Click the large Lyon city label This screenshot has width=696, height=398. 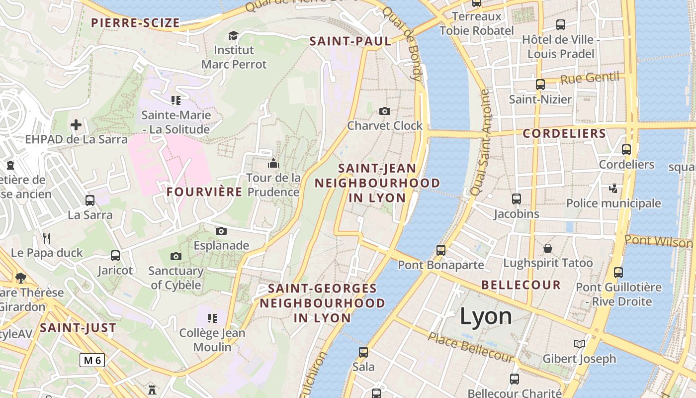click(x=486, y=316)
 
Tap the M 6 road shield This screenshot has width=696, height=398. click(x=92, y=360)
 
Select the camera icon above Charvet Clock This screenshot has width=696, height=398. click(x=384, y=111)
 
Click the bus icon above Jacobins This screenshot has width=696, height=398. click(x=517, y=199)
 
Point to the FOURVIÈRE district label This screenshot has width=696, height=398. click(x=204, y=192)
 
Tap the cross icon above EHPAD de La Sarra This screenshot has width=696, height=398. click(x=76, y=124)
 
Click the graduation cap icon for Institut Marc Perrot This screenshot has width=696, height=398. click(x=233, y=35)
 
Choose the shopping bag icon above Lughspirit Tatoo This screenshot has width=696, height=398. click(x=548, y=248)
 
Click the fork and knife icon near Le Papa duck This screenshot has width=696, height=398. click(x=47, y=238)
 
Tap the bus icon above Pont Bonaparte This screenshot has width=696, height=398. click(x=440, y=250)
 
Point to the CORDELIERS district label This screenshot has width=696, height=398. click(x=564, y=134)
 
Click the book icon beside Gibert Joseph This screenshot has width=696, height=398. click(x=579, y=344)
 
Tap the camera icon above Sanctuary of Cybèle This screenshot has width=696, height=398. click(x=175, y=257)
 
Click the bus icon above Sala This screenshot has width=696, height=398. click(x=363, y=352)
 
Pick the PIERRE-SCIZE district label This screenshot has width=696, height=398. click(x=135, y=23)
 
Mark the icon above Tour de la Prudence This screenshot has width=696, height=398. click(x=273, y=163)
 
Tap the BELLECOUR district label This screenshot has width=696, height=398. click(x=521, y=286)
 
